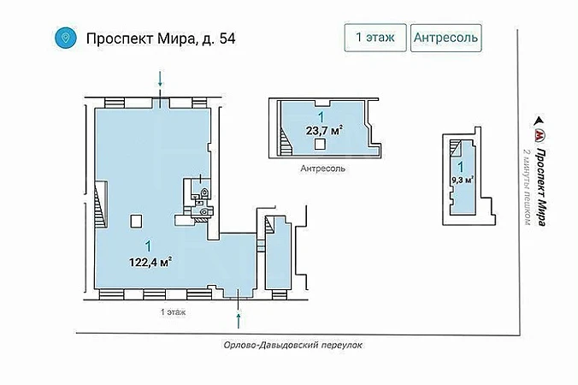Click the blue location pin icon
[x=66, y=38]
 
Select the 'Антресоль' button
[x=446, y=38]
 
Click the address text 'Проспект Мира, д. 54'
[x=161, y=38]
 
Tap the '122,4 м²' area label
[x=151, y=262]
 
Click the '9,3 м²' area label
[x=463, y=180]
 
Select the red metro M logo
[x=540, y=135]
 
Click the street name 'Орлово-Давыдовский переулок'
[x=292, y=345]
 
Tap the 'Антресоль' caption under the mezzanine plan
[x=323, y=169]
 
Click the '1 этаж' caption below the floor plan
[x=174, y=312]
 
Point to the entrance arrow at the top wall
[x=160, y=79]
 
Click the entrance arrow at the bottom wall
[x=239, y=320]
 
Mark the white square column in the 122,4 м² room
[x=136, y=221]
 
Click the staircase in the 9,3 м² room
[x=457, y=148]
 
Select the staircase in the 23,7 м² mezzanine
[x=286, y=141]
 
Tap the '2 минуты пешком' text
[x=528, y=187]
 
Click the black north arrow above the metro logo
[x=540, y=121]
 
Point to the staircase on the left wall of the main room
[x=101, y=204]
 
